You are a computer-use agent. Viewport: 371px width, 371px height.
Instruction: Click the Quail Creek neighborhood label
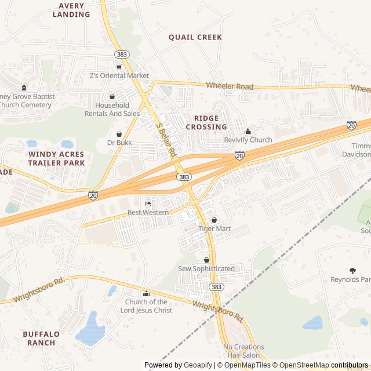tap(195, 37)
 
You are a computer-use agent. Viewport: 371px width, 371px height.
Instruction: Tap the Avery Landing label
tap(71, 10)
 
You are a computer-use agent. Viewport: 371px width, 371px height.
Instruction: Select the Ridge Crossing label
tap(206, 122)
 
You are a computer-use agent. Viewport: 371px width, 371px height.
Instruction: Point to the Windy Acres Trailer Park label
tap(56, 159)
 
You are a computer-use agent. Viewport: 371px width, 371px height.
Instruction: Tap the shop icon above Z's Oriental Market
tap(119, 67)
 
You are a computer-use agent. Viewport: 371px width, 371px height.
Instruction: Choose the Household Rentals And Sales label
tap(112, 109)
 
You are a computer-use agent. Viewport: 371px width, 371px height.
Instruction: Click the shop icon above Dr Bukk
tap(119, 134)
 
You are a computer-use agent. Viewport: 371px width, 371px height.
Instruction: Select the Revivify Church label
tap(248, 140)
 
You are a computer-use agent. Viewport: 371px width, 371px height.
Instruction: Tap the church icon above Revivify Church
tap(248, 132)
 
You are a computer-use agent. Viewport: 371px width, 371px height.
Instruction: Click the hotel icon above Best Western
tap(148, 204)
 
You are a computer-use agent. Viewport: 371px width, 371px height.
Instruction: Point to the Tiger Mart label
tap(214, 228)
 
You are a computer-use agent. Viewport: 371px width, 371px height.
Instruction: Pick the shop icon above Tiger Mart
tap(214, 220)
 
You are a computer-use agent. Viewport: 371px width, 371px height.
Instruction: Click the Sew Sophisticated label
tap(206, 268)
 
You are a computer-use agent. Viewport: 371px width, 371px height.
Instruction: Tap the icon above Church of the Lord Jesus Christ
tap(146, 293)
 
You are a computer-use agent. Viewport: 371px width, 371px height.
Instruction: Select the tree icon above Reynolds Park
tap(352, 271)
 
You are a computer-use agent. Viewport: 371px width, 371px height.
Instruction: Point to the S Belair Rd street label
tap(166, 140)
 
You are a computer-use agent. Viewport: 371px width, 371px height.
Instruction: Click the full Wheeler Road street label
tap(230, 86)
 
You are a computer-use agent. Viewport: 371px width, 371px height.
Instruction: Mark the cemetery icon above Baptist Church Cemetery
tap(24, 88)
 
